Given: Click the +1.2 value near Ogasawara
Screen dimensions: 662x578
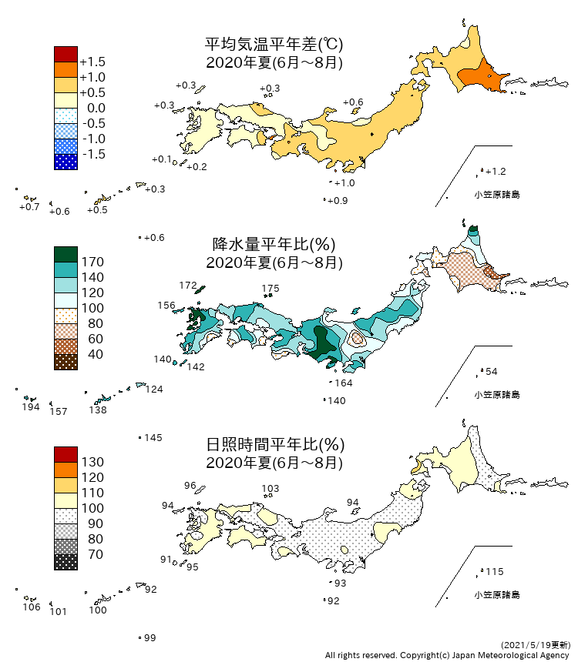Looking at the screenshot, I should click(496, 171).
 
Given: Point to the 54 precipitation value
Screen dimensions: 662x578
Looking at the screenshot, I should click(492, 372).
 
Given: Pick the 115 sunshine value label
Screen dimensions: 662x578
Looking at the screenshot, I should click(494, 572).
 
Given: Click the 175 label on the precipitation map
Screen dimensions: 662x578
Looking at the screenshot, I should click(270, 289).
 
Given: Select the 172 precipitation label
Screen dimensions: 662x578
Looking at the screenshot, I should click(188, 286).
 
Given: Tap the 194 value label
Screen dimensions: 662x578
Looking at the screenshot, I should click(31, 407).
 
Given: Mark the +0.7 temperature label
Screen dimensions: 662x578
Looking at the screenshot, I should click(29, 207).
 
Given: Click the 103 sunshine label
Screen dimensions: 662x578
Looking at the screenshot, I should click(271, 489).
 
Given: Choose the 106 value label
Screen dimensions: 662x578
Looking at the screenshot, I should click(31, 607).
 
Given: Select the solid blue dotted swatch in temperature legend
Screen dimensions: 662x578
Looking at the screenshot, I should click(66, 162).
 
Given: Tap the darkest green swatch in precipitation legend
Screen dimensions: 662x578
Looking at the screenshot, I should click(66, 254).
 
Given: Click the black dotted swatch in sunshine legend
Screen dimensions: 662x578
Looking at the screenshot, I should click(66, 562).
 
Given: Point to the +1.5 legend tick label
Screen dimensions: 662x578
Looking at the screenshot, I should click(92, 62).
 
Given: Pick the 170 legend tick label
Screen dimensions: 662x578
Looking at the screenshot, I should click(92, 262).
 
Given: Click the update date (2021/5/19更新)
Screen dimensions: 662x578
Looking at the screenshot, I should click(535, 644).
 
